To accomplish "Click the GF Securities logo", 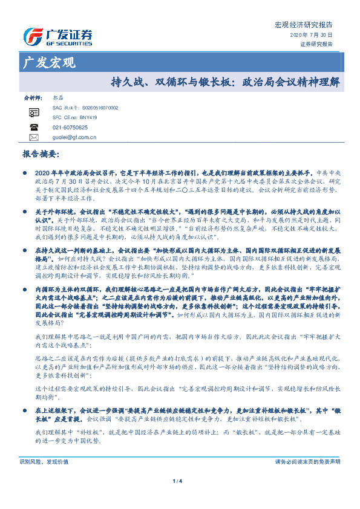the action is [57, 36].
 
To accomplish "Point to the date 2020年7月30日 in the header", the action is [316, 36].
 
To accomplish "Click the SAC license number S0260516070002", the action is [96, 107].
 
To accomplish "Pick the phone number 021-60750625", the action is [70, 128].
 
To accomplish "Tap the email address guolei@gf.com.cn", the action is [75, 137].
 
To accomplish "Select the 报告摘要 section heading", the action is [41, 155].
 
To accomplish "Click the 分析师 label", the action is [32, 97].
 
